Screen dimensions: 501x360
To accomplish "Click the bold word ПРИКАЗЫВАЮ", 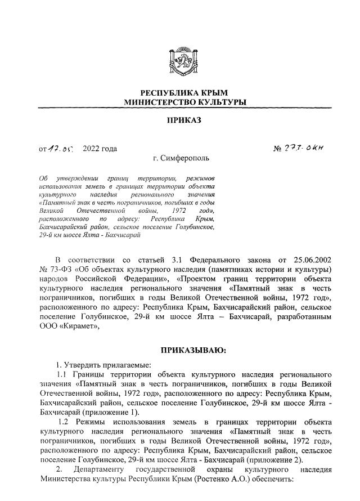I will (x=193, y=350).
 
